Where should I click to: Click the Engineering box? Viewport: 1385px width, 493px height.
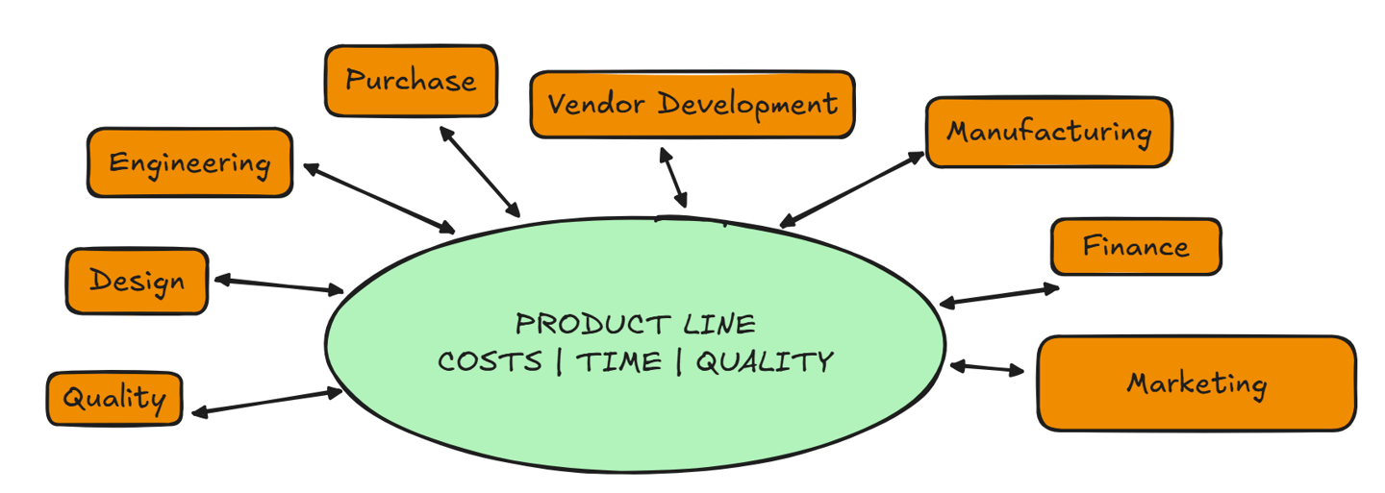coord(189,162)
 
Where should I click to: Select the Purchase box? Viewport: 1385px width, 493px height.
coord(411,81)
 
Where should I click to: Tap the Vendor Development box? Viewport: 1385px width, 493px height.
coord(692,104)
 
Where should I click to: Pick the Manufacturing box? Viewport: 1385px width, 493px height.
coord(1048,132)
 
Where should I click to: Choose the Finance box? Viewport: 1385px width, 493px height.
coord(1135,247)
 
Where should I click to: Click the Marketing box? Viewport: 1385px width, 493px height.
coord(1196,383)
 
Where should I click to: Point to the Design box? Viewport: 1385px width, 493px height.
coord(137,281)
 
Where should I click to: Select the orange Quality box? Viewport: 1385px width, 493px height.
coord(113,398)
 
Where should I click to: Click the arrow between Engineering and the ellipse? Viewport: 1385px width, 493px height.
coord(379,198)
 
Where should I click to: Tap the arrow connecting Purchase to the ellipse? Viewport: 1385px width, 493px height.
coord(479,171)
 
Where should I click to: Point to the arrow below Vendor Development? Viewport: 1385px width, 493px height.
coord(673,178)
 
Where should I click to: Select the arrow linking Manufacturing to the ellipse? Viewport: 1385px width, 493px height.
coord(851,189)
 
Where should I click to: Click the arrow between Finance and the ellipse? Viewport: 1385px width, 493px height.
coord(998,295)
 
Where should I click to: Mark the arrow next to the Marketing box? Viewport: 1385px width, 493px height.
coord(987,368)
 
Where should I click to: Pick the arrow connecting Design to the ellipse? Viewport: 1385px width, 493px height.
coord(278,284)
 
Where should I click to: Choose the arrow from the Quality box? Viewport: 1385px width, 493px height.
coord(266,402)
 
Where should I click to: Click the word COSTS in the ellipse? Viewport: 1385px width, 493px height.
coord(490,362)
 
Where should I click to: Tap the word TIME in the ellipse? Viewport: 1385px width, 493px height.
coord(618,362)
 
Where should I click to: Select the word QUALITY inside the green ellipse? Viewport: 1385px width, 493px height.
coord(764,362)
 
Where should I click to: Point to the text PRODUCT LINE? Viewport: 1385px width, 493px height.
coord(636,323)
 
